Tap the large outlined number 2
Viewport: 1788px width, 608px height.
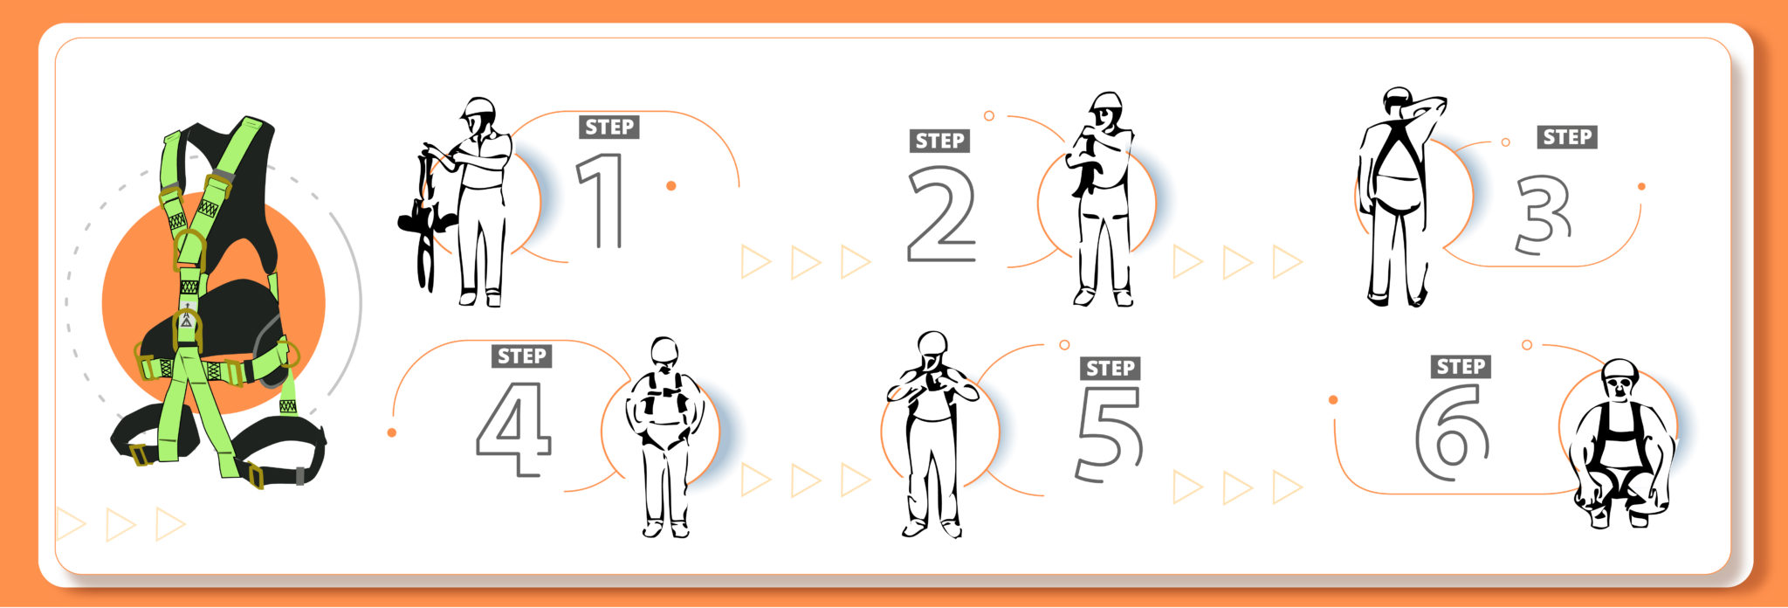pos(941,215)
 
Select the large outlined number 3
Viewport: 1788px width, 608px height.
pos(1543,214)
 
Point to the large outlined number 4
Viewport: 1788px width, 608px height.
pos(515,428)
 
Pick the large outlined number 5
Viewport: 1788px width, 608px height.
pos(1109,433)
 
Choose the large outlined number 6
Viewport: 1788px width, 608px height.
pos(1451,432)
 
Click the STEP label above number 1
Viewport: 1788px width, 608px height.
pos(609,128)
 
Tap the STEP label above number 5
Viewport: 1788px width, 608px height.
pos(1111,369)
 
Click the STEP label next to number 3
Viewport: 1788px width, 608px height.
pos(1568,137)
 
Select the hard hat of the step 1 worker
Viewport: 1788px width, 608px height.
pos(478,108)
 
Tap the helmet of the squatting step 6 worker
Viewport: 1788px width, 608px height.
pos(1620,369)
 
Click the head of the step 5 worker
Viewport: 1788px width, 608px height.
pos(932,344)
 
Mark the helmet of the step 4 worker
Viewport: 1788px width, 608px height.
pos(665,348)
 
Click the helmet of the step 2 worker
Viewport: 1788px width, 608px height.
pos(1106,100)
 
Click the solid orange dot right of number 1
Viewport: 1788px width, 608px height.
pos(670,186)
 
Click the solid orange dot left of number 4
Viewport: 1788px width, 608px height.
pos(391,432)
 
